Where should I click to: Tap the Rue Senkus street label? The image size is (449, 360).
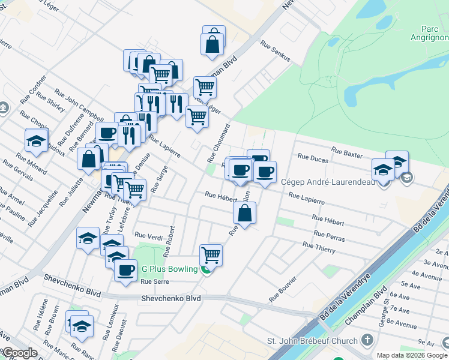[x=276, y=52]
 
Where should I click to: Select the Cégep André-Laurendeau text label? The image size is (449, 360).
[x=328, y=182]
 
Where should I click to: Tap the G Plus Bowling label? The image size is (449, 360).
[x=169, y=269]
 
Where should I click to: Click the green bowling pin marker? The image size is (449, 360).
[x=206, y=269]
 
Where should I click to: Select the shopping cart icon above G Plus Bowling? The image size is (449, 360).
[x=211, y=255]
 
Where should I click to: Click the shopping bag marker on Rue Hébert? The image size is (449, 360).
[x=245, y=212]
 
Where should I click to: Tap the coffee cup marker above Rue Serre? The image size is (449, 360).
[x=125, y=270]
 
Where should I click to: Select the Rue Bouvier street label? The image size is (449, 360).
[x=283, y=289]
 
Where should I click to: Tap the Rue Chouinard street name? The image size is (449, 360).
[x=219, y=143]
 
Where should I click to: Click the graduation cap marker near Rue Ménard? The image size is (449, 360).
[x=37, y=141]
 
